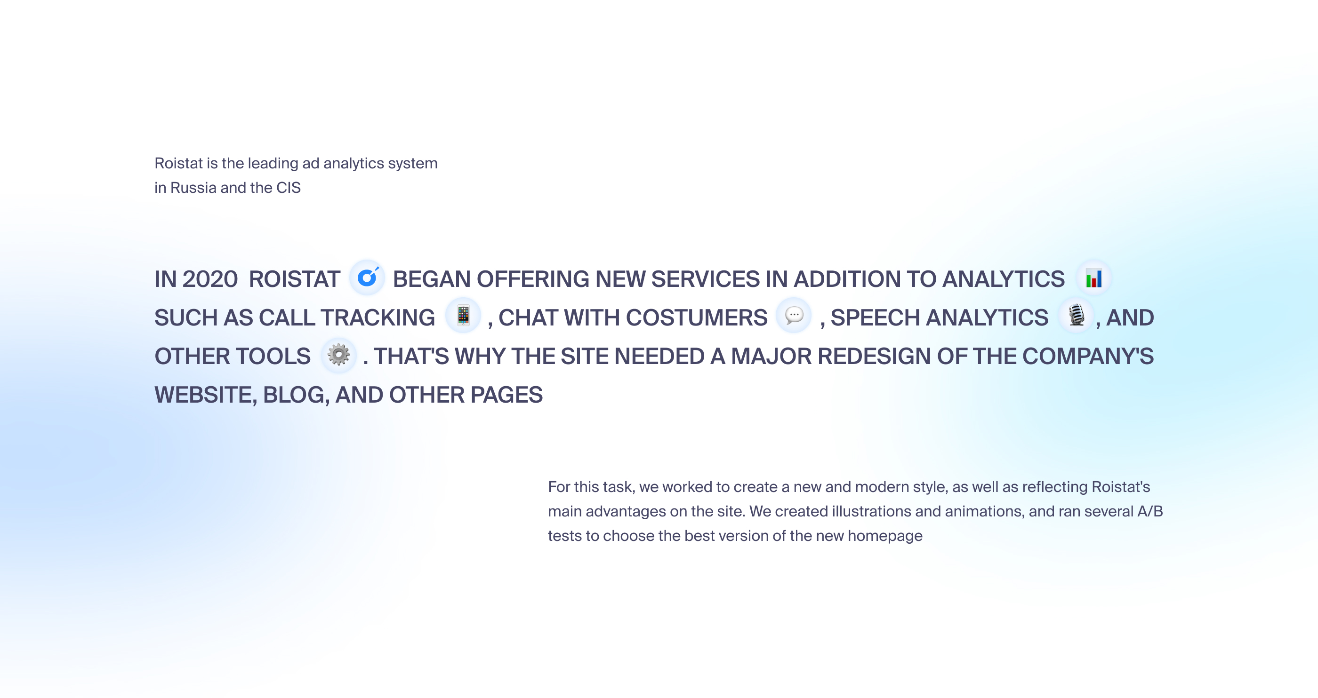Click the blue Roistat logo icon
(367, 278)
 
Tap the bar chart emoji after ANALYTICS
(1094, 278)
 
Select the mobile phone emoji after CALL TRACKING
(463, 315)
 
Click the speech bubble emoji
(794, 315)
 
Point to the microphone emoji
(1077, 315)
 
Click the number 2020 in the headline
(210, 279)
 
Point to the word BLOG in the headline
(296, 395)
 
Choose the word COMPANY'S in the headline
(1088, 357)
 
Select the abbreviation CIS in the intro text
(289, 188)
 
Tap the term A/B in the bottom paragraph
(1149, 511)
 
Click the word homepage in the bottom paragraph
(884, 536)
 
